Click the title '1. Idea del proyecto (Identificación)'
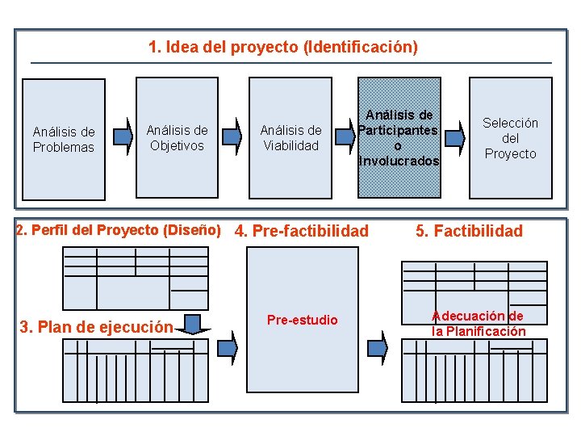[283, 48]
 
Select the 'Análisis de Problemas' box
[64, 139]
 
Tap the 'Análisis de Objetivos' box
[177, 137]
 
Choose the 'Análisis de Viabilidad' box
[290, 137]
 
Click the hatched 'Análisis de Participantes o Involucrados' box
[399, 137]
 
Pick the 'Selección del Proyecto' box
[510, 137]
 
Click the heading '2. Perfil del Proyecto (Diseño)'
[119, 229]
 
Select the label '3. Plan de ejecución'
[95, 327]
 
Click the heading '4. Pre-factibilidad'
[301, 231]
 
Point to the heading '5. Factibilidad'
[469, 231]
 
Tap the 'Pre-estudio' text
[303, 320]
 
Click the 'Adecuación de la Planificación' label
[478, 323]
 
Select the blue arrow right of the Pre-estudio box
[382, 346]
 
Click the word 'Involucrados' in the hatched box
[399, 161]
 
